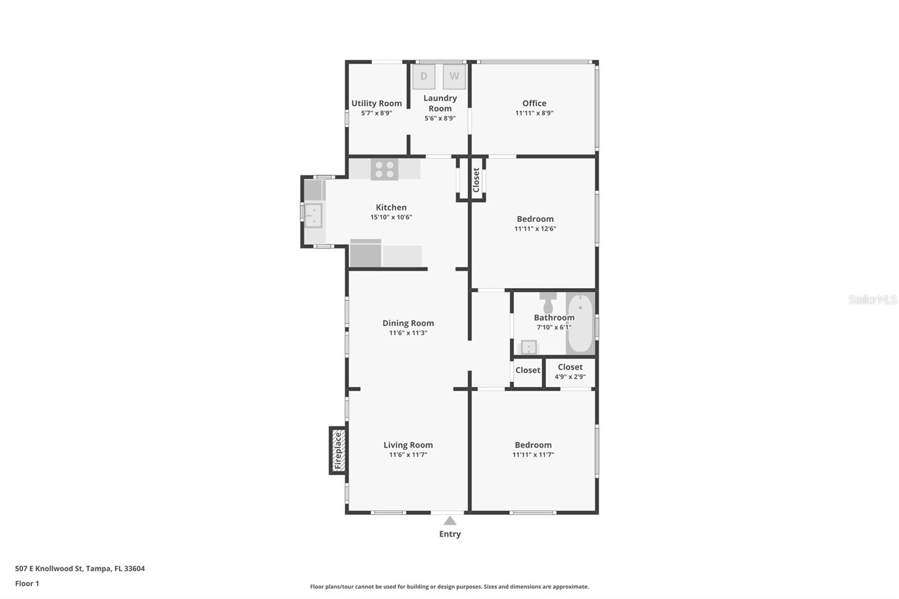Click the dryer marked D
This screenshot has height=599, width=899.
[424, 76]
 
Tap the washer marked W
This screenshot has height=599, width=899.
[455, 76]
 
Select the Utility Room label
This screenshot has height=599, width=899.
[376, 103]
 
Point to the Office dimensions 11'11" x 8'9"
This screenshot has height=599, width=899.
[534, 113]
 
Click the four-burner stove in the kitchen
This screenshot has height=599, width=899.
[384, 170]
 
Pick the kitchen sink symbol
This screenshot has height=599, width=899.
[313, 216]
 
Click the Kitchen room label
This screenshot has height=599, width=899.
[391, 207]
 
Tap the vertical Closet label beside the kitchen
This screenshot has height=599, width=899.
[476, 180]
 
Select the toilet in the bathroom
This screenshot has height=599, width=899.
[548, 303]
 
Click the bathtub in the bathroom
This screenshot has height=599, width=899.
[580, 324]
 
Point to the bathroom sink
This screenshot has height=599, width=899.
[529, 347]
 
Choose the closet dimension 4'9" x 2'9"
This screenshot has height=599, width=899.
[570, 376]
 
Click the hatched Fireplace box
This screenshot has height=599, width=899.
[338, 451]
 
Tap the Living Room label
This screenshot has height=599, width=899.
[408, 445]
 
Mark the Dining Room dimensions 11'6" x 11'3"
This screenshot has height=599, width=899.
[408, 333]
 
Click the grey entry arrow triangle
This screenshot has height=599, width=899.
[450, 521]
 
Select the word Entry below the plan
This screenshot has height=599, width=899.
[450, 534]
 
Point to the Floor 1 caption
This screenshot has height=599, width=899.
[27, 584]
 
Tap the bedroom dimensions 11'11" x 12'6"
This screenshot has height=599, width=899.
[535, 229]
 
